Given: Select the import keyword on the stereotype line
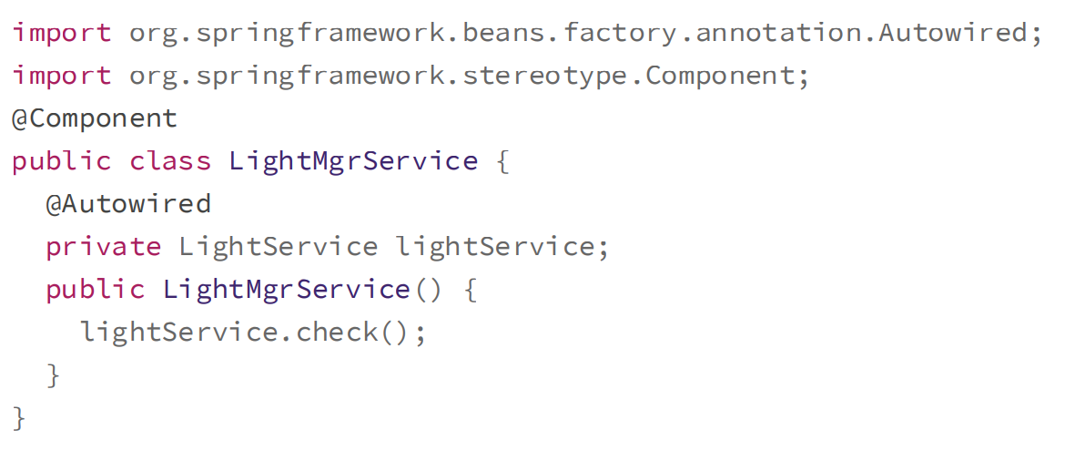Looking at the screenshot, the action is [62, 76].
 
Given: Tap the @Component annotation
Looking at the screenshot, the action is [95, 118].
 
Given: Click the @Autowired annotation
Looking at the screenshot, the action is [128, 203].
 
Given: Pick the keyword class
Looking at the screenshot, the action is [170, 161].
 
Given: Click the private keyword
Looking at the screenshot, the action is [103, 246].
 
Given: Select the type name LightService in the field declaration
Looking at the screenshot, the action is [278, 246].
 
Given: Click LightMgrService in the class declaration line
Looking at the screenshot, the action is [353, 161].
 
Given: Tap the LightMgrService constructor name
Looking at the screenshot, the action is [286, 289].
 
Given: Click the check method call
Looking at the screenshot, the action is [336, 332].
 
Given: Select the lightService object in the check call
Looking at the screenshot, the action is [178, 332].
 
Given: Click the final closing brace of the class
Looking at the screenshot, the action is [20, 416].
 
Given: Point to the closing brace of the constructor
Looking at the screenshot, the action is [54, 374].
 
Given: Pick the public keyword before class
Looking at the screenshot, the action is [62, 161].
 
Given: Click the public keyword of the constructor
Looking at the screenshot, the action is [96, 289].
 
